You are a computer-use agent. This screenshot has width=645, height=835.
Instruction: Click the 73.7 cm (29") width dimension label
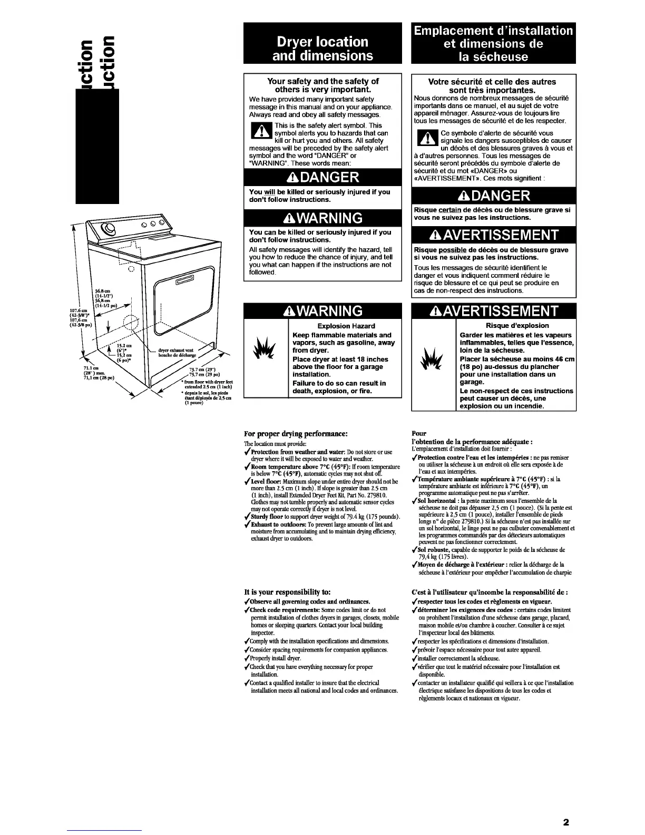coord(200,371)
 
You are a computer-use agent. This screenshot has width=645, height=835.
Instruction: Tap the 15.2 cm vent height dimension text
coord(124,349)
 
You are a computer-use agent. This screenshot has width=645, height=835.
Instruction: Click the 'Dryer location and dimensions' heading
coord(322,48)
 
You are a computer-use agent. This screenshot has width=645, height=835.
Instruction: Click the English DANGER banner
coord(322,177)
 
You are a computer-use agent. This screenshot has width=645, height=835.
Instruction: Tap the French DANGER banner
coord(493,196)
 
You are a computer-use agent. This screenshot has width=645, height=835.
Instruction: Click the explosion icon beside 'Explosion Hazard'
coord(266,361)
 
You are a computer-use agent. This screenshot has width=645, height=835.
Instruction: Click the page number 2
coord(566,821)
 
